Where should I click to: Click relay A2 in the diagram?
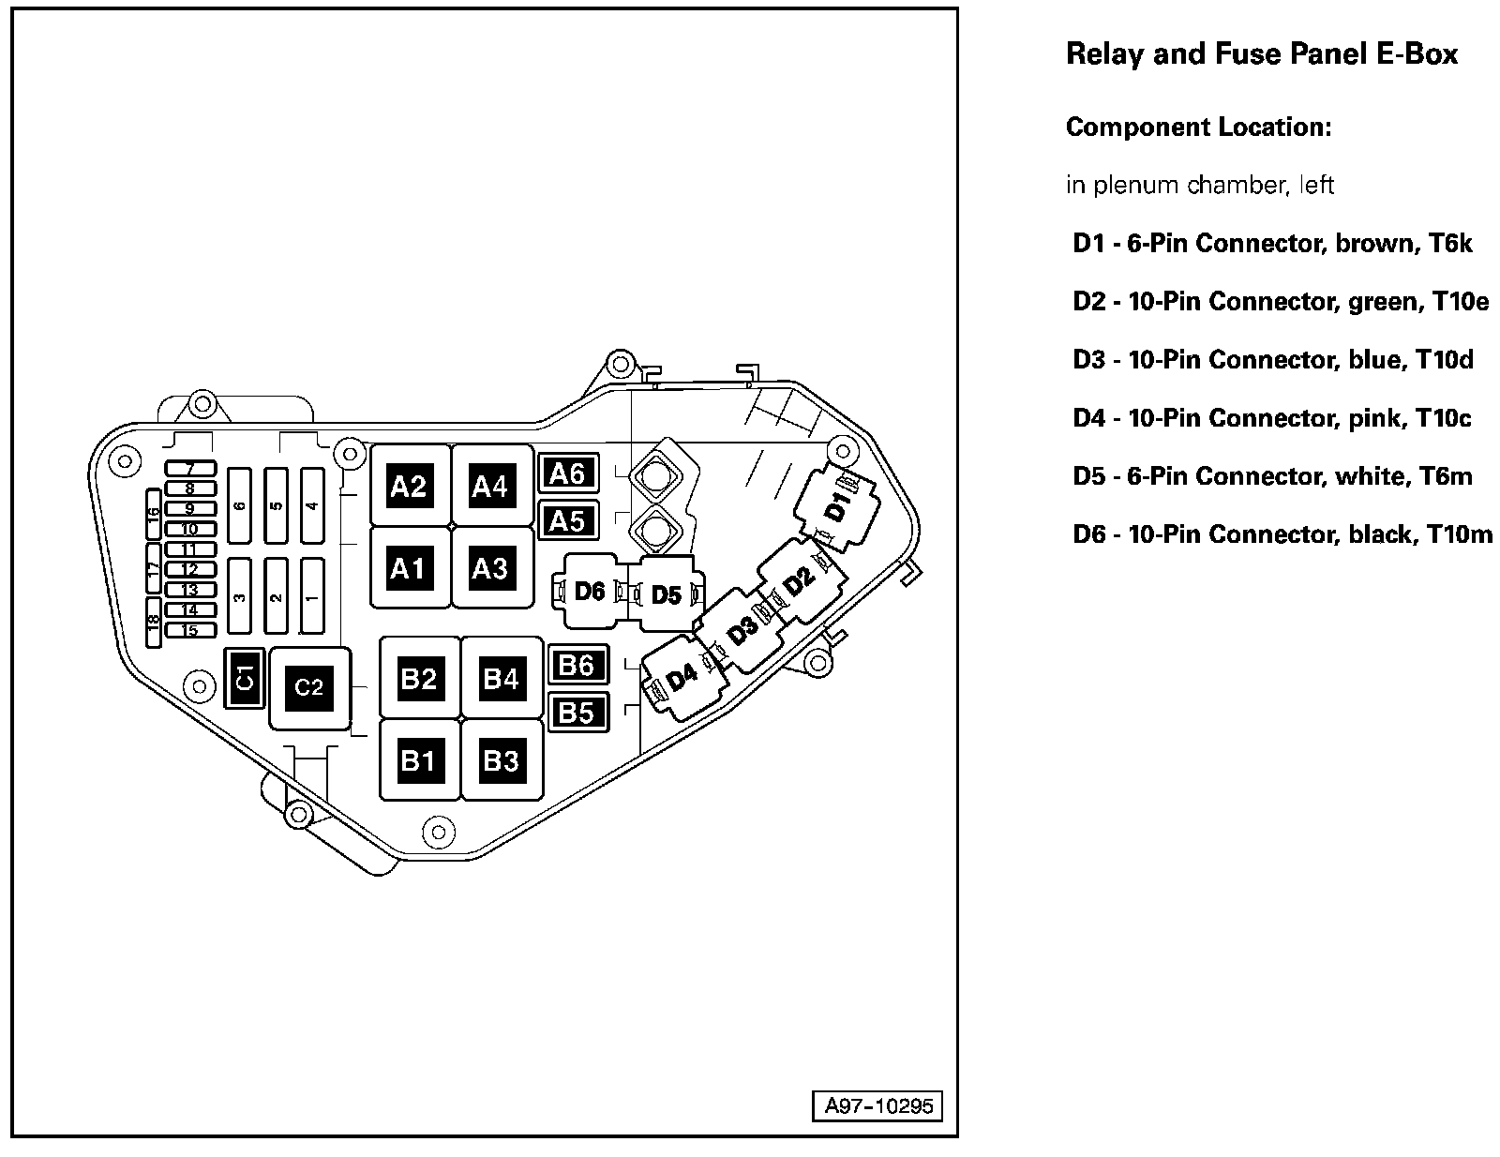[x=409, y=486]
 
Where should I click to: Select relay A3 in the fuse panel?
[x=490, y=567]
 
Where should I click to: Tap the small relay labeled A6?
[x=568, y=474]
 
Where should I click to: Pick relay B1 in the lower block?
[x=418, y=759]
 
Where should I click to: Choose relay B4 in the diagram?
[x=501, y=677]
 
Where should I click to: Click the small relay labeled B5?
[x=577, y=714]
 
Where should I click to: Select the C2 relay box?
[x=309, y=688]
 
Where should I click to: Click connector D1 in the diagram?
[x=837, y=509]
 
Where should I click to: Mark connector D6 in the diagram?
[x=590, y=592]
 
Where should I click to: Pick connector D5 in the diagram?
[x=666, y=594]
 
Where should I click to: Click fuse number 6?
[x=240, y=506]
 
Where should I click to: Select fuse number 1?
[x=312, y=596]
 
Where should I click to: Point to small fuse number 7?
[x=190, y=467]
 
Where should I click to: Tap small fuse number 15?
[x=190, y=630]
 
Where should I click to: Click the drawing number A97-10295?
[x=878, y=1106]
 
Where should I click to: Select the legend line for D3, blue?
[x=1273, y=360]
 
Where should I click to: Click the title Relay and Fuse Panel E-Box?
[x=1262, y=54]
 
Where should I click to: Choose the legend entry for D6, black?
[x=1282, y=534]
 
